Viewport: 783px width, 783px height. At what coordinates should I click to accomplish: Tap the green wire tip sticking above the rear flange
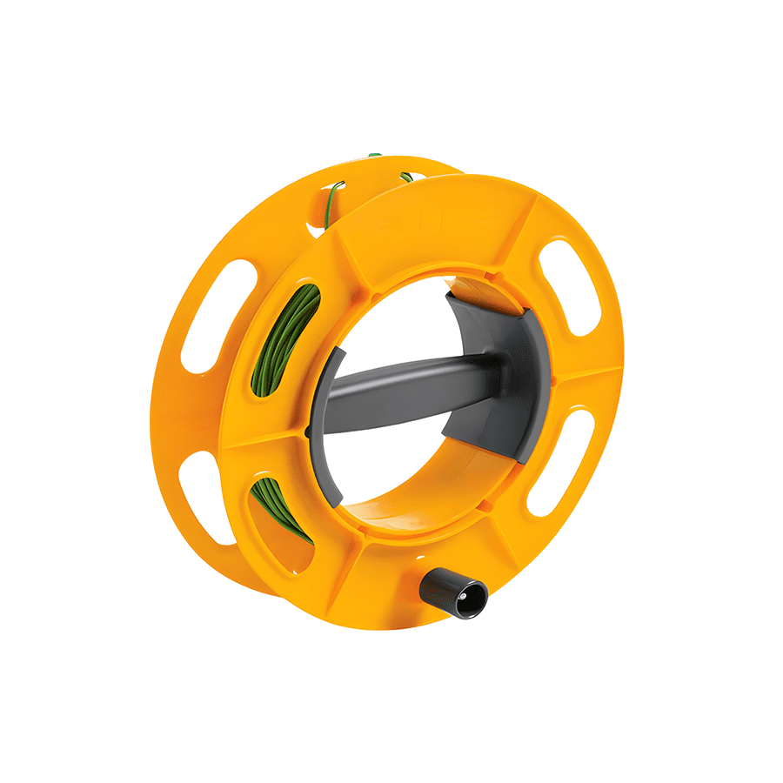tap(374, 156)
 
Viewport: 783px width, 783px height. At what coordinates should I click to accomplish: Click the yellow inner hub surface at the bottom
tap(409, 522)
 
